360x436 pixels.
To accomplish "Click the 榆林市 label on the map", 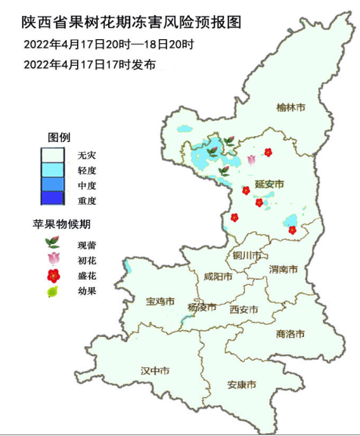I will (291, 107).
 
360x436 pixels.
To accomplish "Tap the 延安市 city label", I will (268, 184).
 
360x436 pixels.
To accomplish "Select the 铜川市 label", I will (247, 255).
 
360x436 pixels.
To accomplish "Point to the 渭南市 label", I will (284, 269).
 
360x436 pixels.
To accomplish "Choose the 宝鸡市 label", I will (160, 301).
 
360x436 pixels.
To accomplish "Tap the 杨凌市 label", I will (202, 308).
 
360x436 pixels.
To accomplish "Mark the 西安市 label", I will (244, 310).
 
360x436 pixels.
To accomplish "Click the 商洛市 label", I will (290, 333).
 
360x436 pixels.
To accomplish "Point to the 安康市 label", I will (241, 385).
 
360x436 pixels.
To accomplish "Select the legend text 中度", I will (87, 185).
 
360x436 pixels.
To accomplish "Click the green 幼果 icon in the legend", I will (53, 291).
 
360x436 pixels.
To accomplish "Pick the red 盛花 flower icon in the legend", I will (53, 275).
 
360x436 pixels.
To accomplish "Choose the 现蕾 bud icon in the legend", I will (53, 243).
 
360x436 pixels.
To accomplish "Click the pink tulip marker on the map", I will (251, 159).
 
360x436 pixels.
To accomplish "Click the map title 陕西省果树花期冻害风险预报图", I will (131, 23).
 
